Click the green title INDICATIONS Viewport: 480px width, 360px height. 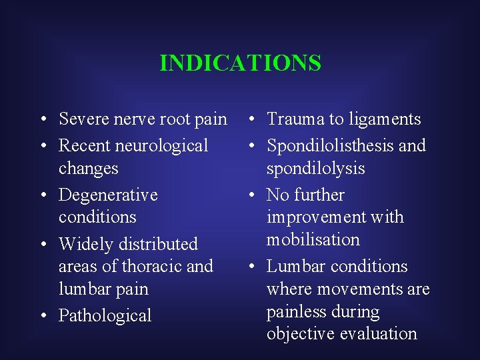click(240, 63)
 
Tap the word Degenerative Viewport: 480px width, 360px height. click(108, 195)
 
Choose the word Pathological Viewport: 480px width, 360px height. click(105, 315)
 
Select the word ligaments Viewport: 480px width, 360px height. click(383, 119)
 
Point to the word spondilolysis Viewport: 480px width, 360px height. click(315, 168)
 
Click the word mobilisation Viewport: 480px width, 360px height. click(313, 239)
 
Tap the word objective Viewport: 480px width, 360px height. click(300, 333)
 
